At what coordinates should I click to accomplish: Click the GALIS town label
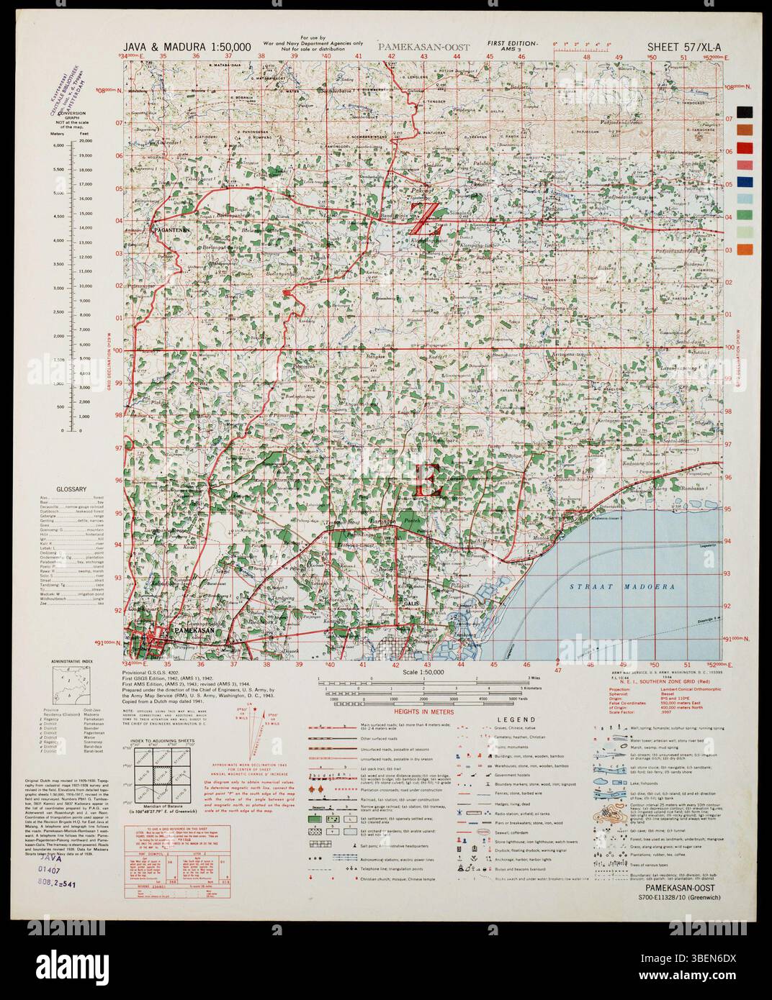(412, 603)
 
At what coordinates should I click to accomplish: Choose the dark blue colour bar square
(745, 182)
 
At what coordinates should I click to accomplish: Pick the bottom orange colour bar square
(745, 250)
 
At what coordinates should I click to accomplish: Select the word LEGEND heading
(513, 719)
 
